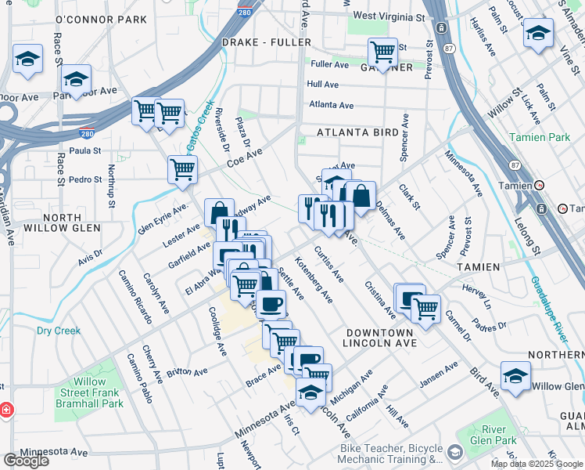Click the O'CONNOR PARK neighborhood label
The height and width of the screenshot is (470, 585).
(102, 19)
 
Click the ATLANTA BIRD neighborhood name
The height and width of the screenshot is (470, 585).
(357, 133)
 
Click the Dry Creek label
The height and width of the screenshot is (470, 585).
(58, 331)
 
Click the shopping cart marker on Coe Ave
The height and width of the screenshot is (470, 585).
(182, 168)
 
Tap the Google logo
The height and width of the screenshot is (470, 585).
(26, 461)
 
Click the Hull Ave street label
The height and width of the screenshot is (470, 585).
(323, 85)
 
